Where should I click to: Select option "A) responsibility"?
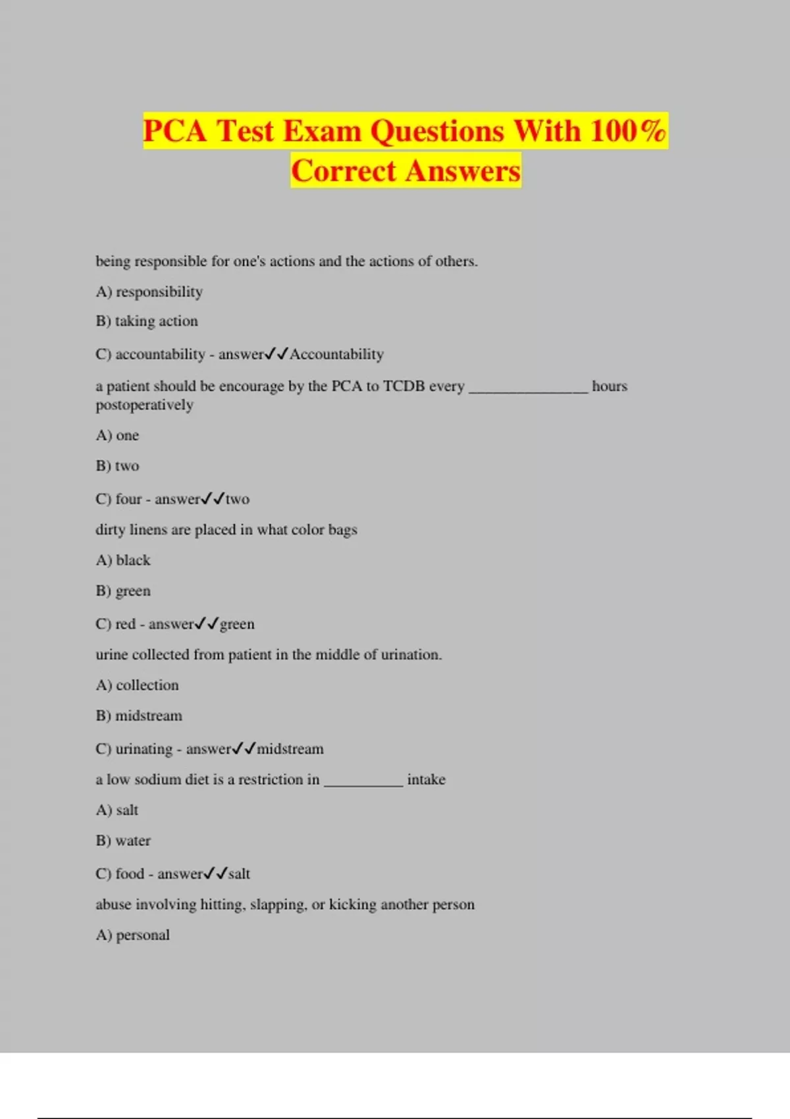[x=149, y=292]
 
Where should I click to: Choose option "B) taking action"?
[x=147, y=321]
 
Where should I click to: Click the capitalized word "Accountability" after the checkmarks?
[x=336, y=354]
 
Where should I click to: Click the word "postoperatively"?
[x=145, y=405]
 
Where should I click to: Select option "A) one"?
[x=117, y=436]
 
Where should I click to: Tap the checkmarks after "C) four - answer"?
[x=213, y=499]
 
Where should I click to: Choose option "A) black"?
[x=123, y=560]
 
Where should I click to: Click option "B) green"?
[x=123, y=591]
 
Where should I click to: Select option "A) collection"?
[x=137, y=685]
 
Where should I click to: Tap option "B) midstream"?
[x=139, y=716]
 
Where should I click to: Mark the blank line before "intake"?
[x=363, y=782]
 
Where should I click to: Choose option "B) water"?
[x=123, y=841]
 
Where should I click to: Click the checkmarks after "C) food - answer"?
[x=215, y=873]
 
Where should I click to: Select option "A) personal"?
[x=133, y=935]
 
